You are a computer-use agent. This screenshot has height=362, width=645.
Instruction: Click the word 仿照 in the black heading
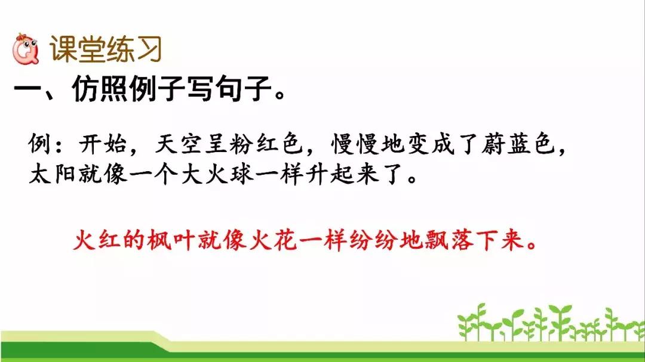[x=100, y=88]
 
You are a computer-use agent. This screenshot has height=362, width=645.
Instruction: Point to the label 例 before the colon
[x=39, y=144]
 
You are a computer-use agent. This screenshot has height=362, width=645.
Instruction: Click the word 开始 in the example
[x=103, y=144]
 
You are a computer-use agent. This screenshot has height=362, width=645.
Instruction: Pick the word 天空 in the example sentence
[x=179, y=144]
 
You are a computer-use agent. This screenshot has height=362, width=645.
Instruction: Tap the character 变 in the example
[x=418, y=144]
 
